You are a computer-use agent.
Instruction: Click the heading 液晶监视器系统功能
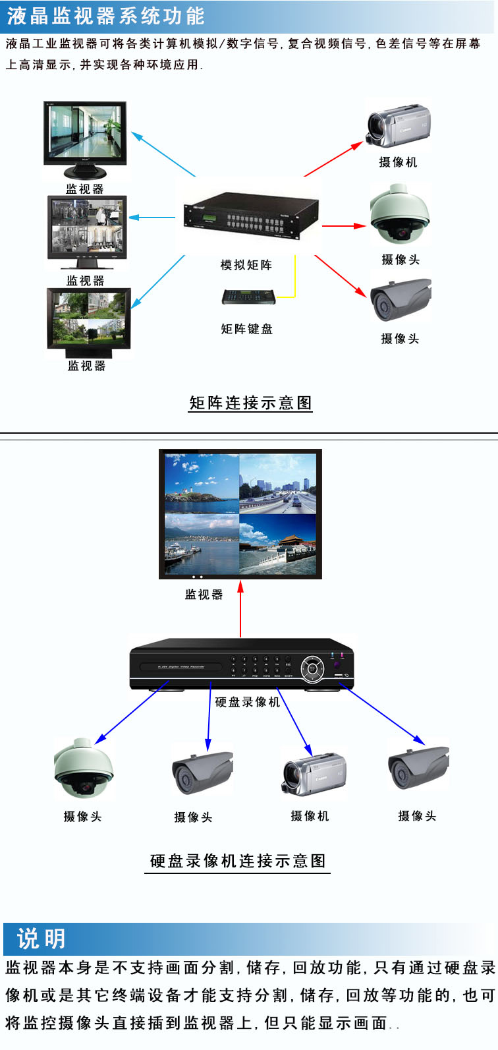[x=105, y=16]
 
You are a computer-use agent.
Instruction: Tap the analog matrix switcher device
[x=251, y=216]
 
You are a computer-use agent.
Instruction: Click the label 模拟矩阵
[x=246, y=265]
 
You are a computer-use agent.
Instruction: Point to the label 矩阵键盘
[x=246, y=329]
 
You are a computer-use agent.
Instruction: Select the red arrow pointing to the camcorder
[x=333, y=159]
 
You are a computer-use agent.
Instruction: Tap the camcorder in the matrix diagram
[x=398, y=126]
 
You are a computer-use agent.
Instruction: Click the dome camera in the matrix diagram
[x=399, y=215]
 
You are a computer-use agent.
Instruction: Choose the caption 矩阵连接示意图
[x=250, y=403]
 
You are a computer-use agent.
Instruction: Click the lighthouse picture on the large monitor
[x=202, y=484]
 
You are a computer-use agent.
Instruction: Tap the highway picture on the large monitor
[x=278, y=484]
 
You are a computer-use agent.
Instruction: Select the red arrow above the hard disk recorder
[x=240, y=608]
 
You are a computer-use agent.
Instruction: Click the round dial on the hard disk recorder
[x=312, y=669]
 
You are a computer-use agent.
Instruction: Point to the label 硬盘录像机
[x=248, y=702]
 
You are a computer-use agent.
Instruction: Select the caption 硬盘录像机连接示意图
[x=238, y=861]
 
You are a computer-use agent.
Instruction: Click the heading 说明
[x=41, y=939]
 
